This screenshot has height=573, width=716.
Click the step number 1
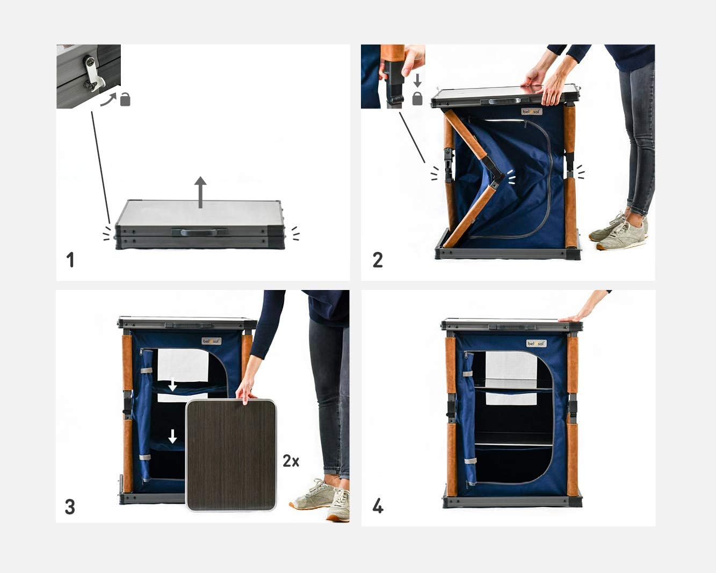(x=70, y=260)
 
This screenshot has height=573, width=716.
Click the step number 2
(x=378, y=260)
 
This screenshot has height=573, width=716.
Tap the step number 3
(x=70, y=506)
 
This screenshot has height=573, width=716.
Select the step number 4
(x=378, y=506)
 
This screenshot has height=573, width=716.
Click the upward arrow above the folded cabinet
(x=200, y=192)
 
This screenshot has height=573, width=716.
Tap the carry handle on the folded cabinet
(x=199, y=232)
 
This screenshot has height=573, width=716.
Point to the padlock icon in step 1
(x=125, y=99)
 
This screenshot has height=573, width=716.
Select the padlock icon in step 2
(x=417, y=98)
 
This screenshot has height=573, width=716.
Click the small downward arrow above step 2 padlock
(x=417, y=81)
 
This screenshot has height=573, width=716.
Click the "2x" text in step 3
(x=291, y=461)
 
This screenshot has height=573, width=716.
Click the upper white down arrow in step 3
(x=172, y=385)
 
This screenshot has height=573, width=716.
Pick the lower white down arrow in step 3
(x=172, y=436)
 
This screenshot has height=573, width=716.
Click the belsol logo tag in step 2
(x=532, y=112)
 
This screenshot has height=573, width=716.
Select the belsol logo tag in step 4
(x=536, y=343)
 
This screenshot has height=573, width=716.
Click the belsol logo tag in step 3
(x=211, y=341)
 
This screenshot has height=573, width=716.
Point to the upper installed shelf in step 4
(x=513, y=388)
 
